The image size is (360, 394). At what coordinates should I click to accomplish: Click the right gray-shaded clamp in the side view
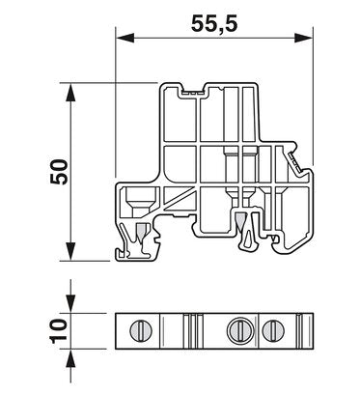click(x=238, y=224)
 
